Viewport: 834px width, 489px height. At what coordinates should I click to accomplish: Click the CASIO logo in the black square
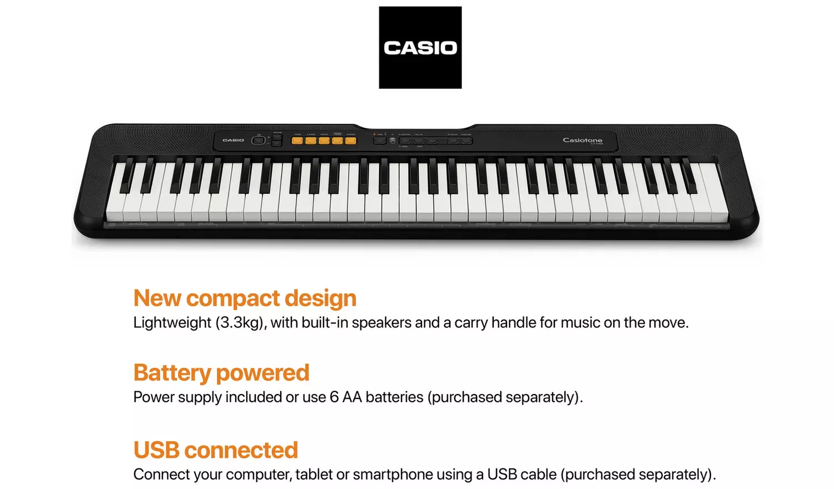[x=420, y=48]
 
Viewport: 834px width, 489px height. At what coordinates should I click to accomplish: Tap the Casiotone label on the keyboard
[x=582, y=140]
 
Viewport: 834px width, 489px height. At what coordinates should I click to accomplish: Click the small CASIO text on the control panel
[x=233, y=140]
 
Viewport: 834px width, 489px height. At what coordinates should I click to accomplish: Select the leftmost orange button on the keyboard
[x=297, y=141]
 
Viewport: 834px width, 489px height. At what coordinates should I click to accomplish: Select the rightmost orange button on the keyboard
[x=350, y=141]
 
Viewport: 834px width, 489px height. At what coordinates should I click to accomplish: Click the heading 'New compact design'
[x=245, y=298]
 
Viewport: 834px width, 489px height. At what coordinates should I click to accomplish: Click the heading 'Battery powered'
[x=221, y=373]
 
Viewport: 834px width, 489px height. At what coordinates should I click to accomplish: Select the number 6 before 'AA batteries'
[x=334, y=397]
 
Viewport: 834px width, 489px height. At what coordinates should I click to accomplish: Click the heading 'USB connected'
[x=216, y=450]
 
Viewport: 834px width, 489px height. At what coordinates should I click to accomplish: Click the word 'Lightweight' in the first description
[x=172, y=323]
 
